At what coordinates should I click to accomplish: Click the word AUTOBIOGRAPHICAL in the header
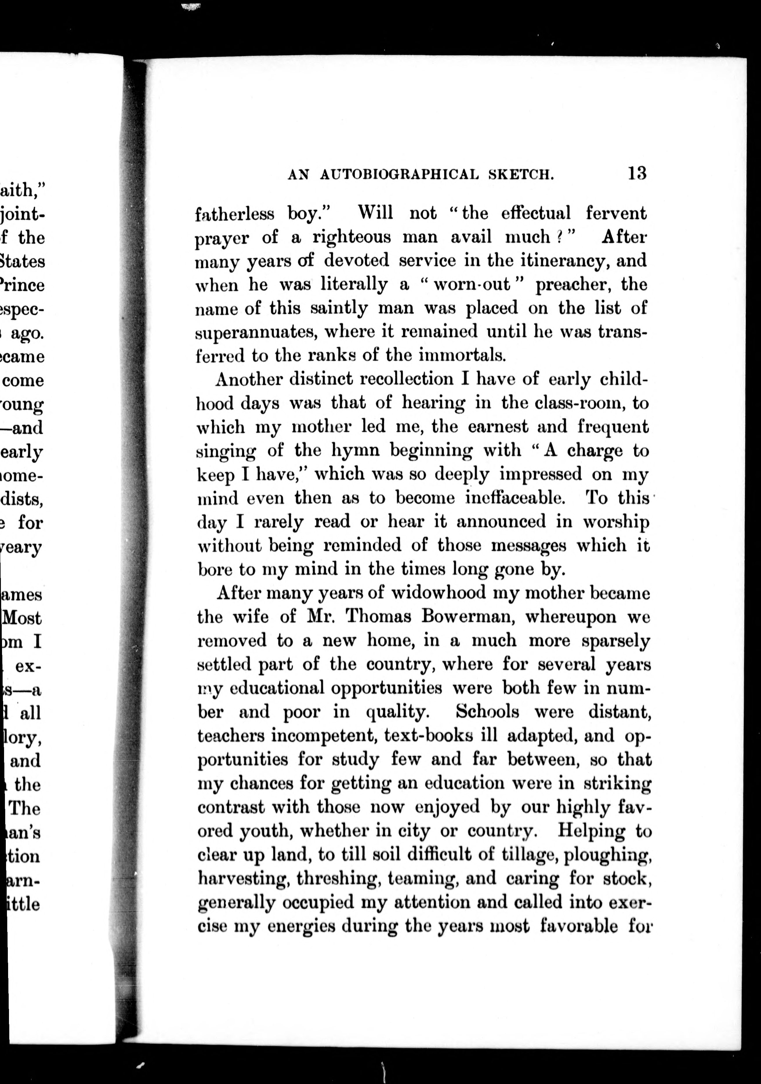coord(399,175)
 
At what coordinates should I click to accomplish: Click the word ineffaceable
coord(515,498)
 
